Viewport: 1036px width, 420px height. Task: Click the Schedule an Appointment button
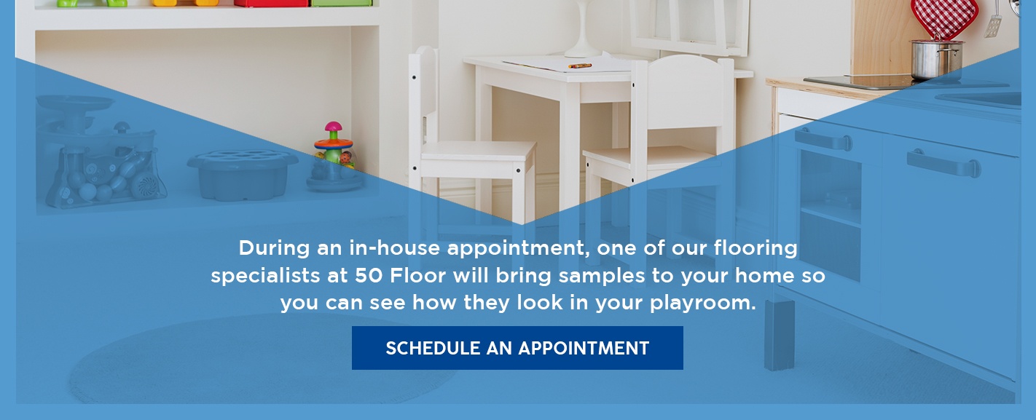tap(517, 348)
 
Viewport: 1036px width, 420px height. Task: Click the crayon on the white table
tap(581, 66)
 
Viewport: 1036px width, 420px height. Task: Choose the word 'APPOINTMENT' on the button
tap(582, 348)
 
